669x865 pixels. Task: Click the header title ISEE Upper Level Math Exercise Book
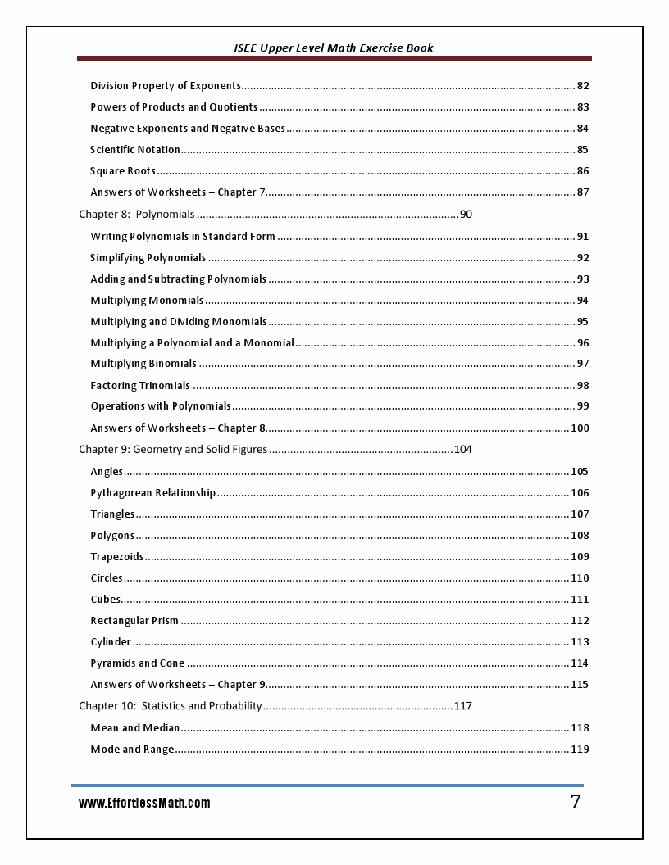click(333, 48)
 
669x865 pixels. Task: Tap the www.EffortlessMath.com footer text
click(144, 804)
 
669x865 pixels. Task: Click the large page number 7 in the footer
click(576, 802)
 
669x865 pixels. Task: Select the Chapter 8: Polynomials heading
click(137, 215)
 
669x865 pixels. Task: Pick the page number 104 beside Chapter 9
click(462, 450)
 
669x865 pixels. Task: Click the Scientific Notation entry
click(135, 150)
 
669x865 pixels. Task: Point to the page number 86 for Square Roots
click(583, 171)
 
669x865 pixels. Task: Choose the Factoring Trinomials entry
click(140, 386)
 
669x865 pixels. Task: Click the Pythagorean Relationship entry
click(153, 493)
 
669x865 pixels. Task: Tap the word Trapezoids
click(117, 557)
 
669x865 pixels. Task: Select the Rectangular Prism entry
click(134, 621)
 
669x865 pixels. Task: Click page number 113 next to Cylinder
click(580, 642)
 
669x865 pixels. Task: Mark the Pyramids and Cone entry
click(138, 663)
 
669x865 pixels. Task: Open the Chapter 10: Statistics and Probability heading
click(171, 706)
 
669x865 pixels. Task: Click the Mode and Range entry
click(132, 750)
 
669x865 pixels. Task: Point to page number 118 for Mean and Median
click(580, 728)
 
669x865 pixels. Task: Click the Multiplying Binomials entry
click(143, 364)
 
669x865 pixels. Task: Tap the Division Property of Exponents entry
click(166, 86)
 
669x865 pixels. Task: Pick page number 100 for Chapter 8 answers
click(580, 428)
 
